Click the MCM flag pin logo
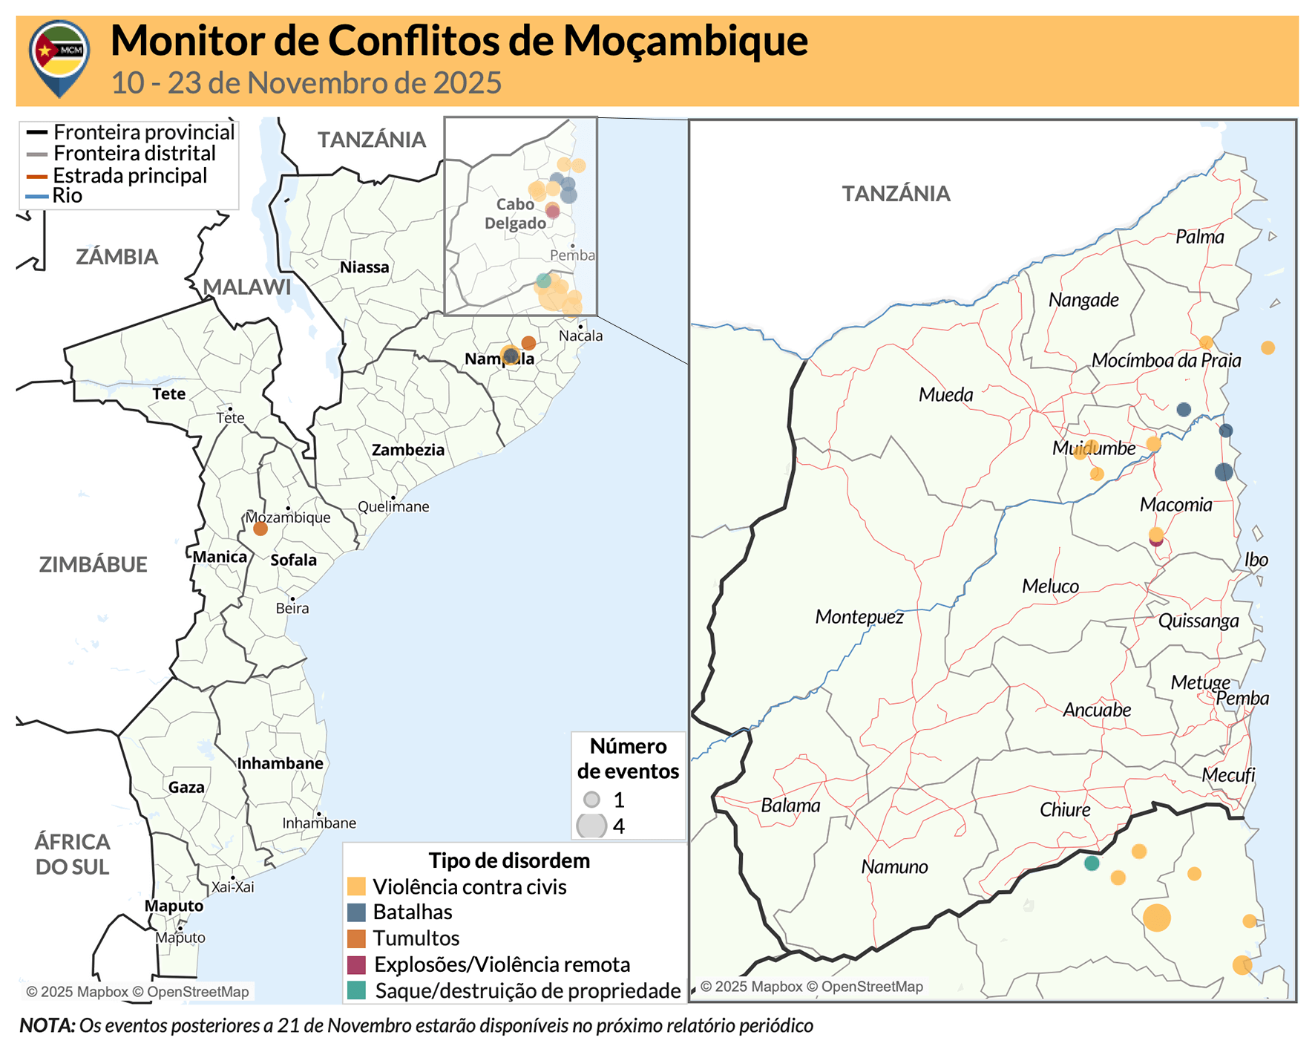(59, 56)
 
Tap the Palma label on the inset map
(1199, 237)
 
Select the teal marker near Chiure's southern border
(1091, 863)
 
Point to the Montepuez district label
(859, 616)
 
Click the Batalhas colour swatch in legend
(356, 912)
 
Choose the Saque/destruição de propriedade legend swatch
(356, 990)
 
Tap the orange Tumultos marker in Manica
(260, 529)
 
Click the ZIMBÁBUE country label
(93, 564)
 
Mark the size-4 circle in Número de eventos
(591, 826)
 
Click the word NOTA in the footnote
(46, 1025)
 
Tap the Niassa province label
(364, 267)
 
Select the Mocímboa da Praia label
(1165, 361)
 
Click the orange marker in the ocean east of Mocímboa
(1268, 347)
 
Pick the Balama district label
(790, 806)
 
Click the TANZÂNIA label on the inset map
(895, 194)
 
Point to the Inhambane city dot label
(319, 823)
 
